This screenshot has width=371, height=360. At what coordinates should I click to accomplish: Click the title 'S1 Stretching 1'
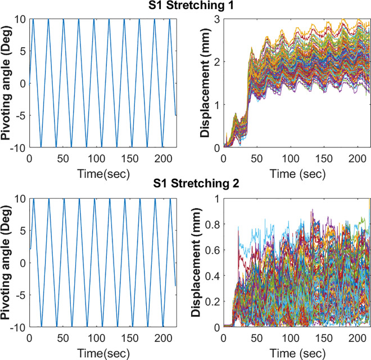point(191,5)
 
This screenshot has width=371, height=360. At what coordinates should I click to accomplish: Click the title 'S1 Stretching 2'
point(196,183)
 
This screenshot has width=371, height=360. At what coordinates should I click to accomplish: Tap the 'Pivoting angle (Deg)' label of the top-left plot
point(6,83)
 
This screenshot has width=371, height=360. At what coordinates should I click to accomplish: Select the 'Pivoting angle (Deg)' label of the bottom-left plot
point(6,263)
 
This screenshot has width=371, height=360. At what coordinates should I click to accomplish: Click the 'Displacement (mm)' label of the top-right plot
point(205,83)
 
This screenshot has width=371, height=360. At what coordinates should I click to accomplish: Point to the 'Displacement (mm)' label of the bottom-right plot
point(196,263)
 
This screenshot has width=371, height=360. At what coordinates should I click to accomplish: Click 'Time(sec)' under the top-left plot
point(103,174)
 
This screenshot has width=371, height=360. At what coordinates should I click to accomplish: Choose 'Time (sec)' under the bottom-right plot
point(298,353)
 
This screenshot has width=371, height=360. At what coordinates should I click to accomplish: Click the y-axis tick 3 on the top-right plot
point(217,20)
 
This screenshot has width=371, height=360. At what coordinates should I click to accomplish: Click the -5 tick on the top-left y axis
point(21,116)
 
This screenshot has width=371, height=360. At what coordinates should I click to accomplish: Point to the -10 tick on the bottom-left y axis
point(18,327)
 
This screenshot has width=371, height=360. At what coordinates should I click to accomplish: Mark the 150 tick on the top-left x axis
point(130,159)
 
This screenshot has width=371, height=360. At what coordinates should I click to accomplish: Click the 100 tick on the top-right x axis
point(291,159)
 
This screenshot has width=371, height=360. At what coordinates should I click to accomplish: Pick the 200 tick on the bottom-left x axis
point(163,338)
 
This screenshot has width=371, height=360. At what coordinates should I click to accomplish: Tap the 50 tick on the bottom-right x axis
point(257,338)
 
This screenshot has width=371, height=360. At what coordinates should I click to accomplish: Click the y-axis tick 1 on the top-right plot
point(217,105)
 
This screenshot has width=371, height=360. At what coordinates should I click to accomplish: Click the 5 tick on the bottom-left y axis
point(23,231)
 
